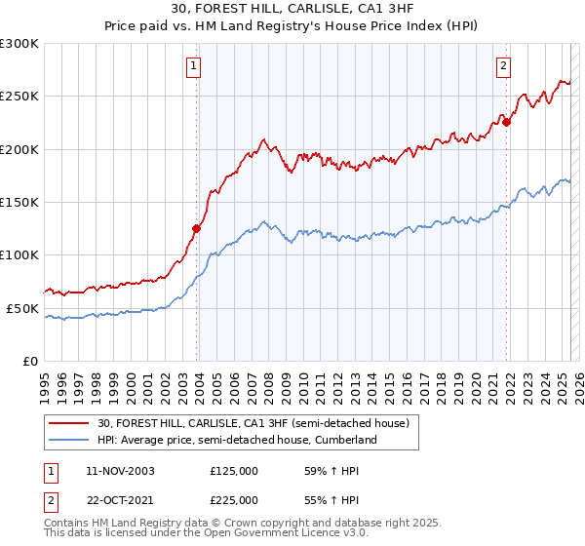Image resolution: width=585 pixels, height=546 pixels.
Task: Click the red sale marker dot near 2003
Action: point(196,229)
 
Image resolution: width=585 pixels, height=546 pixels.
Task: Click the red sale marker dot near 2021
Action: point(507,123)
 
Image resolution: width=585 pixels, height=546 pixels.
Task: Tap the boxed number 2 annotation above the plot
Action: point(504,66)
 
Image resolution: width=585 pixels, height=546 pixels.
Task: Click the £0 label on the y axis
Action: point(29,361)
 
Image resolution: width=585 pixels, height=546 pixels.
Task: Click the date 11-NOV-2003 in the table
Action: point(121,471)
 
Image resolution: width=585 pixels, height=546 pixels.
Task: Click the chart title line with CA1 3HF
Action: point(292,11)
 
